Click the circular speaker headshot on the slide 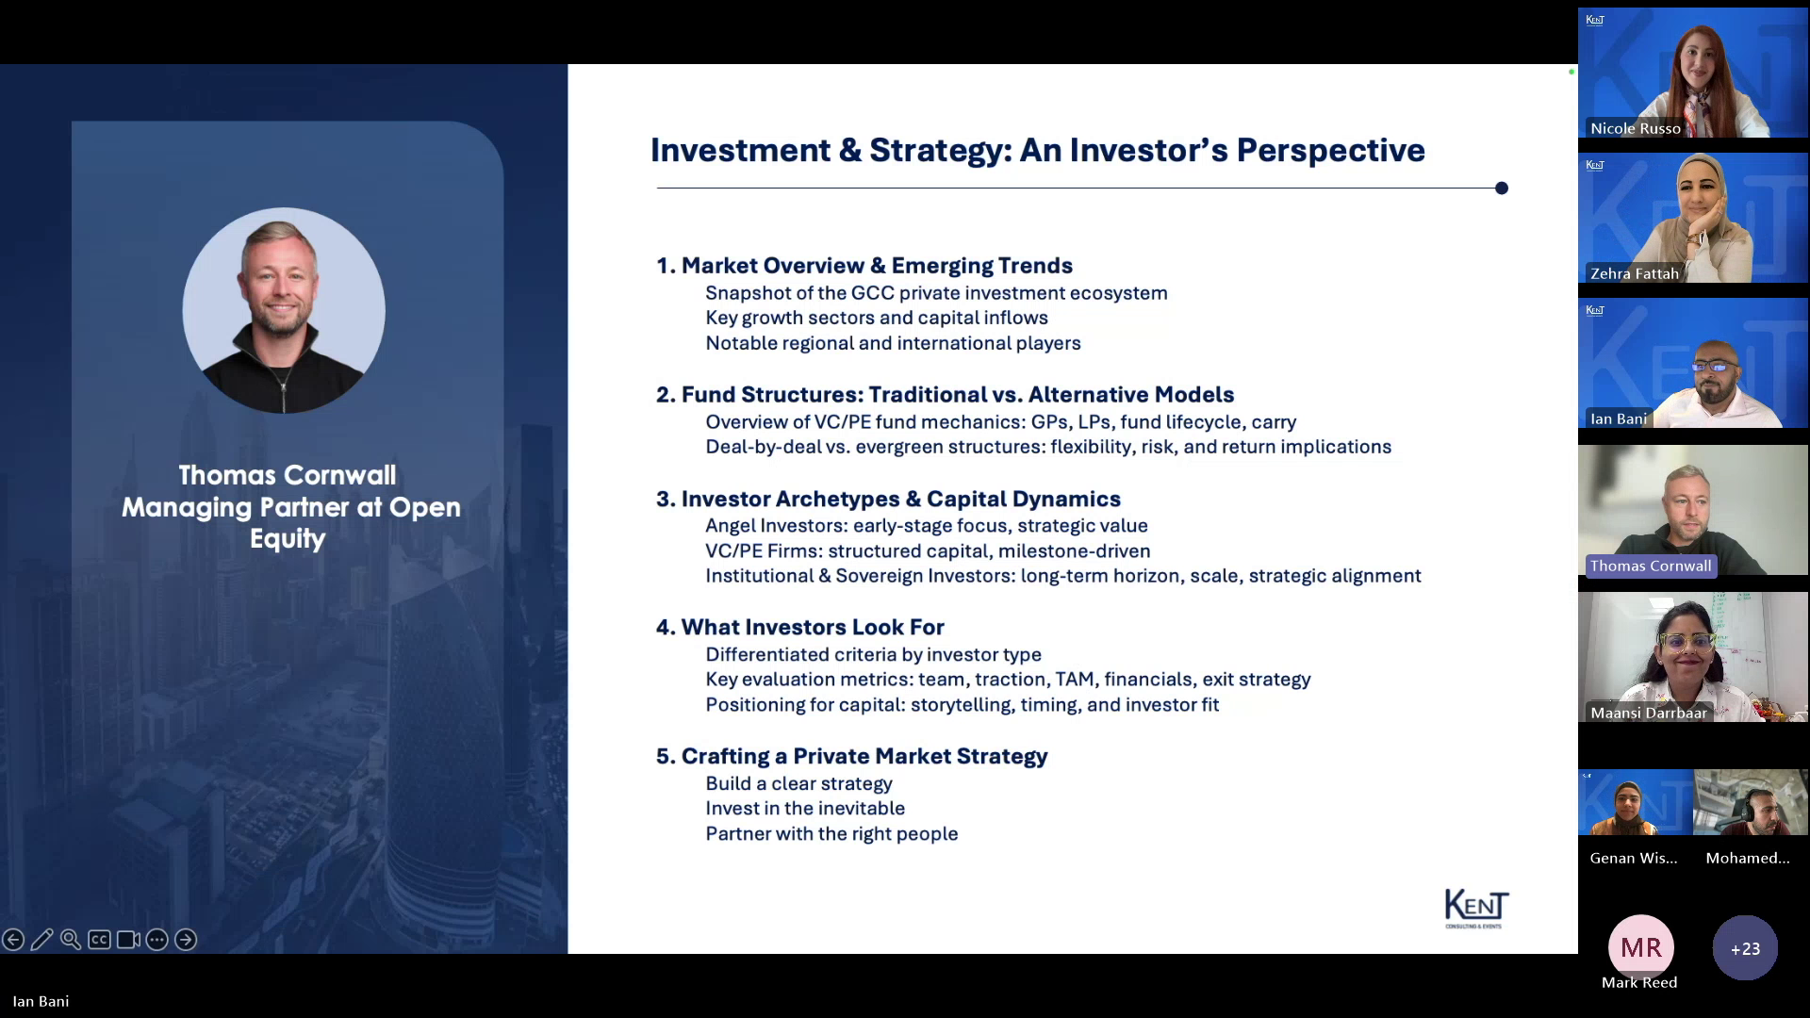click(284, 310)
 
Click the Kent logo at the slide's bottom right click(1476, 908)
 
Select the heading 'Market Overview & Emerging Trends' click(877, 266)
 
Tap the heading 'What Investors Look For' click(813, 627)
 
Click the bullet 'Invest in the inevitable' click(805, 809)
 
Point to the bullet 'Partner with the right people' click(831, 834)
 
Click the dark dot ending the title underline click(1502, 189)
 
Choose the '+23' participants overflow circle click(1745, 948)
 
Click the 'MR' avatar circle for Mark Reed click(1641, 947)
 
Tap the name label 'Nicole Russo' click(1636, 128)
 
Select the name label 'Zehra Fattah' click(1635, 273)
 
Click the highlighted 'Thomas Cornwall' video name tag click(1651, 566)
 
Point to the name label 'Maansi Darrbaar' click(1649, 713)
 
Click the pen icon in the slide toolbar click(41, 940)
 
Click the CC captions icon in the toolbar click(99, 940)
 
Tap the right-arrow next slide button click(186, 940)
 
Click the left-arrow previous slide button click(13, 940)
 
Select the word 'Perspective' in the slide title click(1330, 151)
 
